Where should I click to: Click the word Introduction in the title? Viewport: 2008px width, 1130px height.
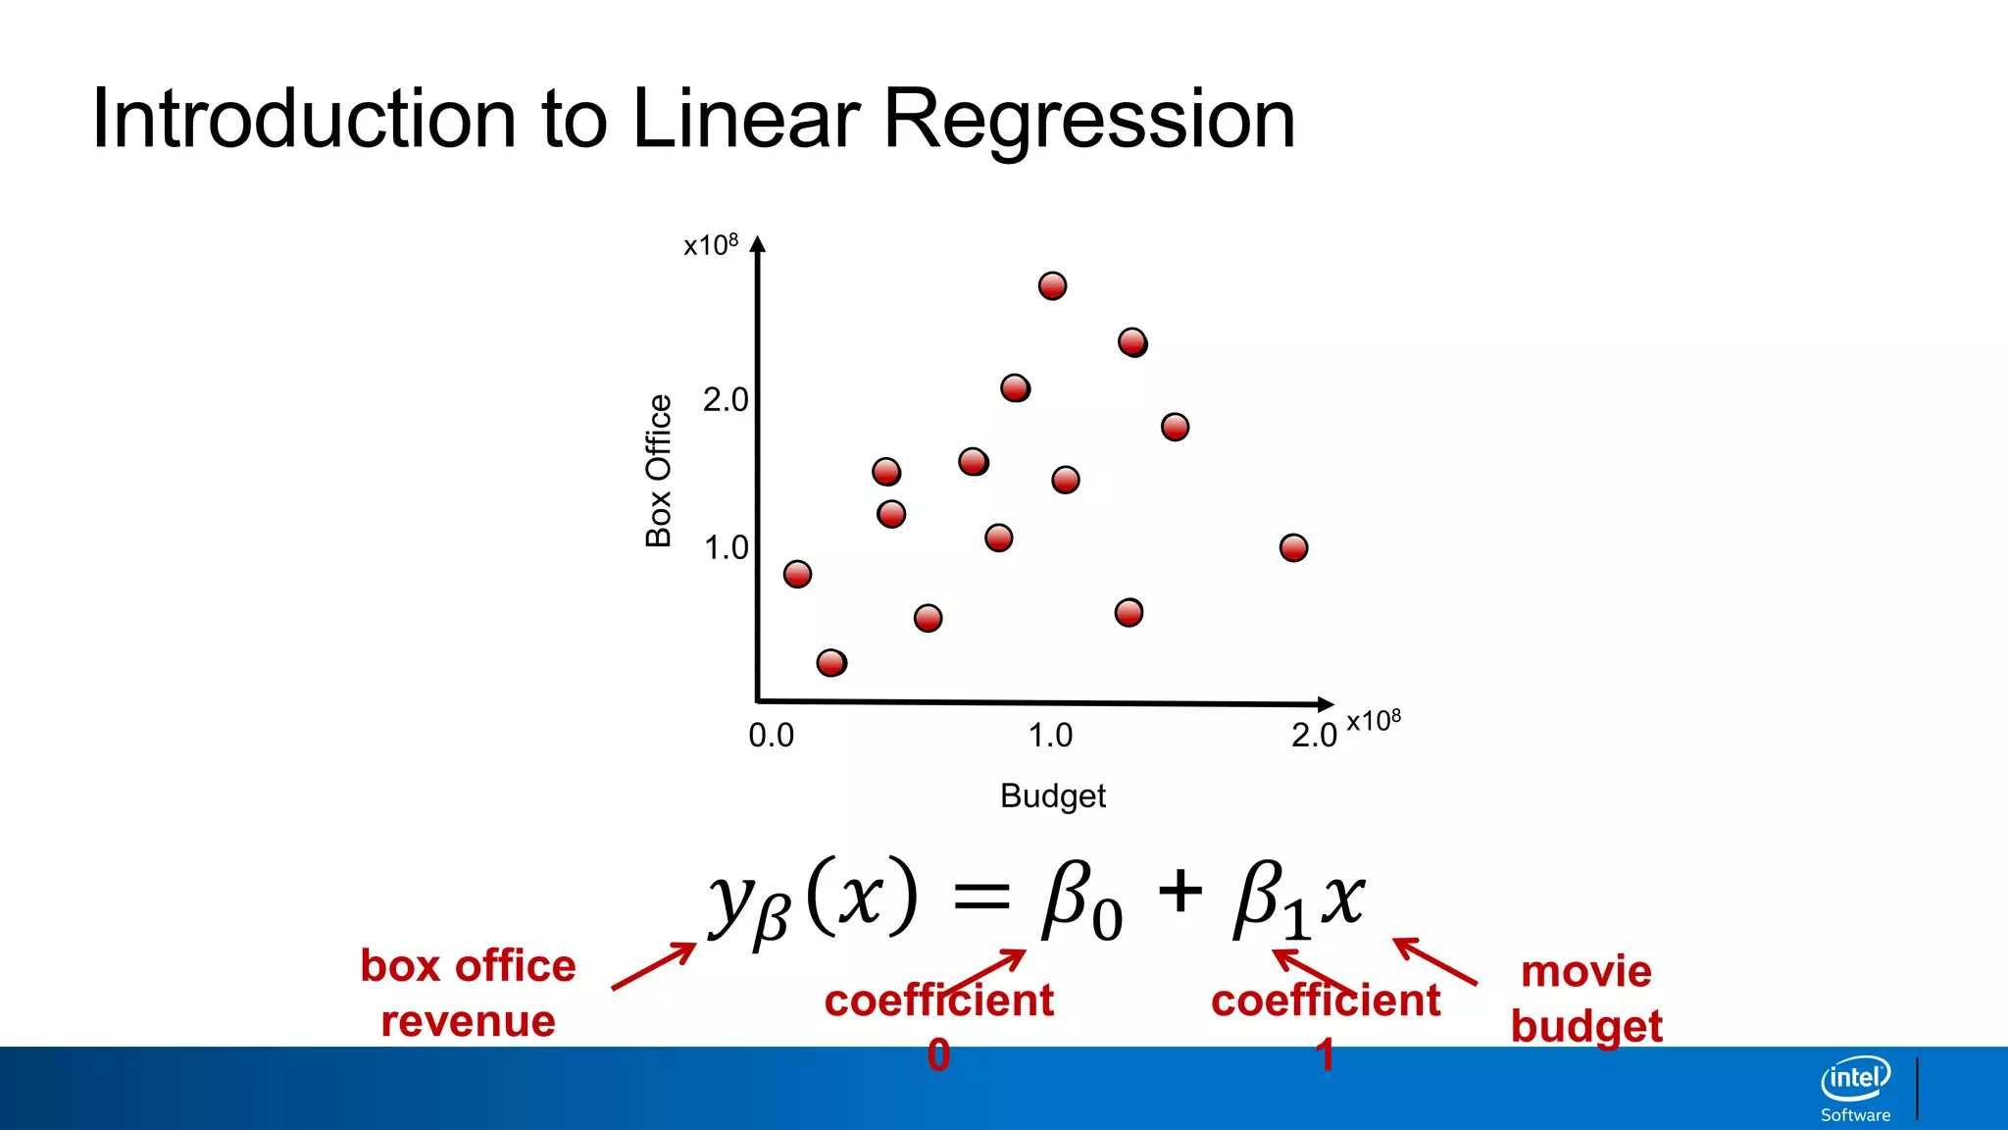coord(304,120)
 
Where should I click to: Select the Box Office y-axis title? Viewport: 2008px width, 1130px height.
coord(659,471)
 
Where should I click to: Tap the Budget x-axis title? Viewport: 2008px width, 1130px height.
coord(1052,796)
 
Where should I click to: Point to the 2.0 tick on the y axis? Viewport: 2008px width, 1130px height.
coord(726,400)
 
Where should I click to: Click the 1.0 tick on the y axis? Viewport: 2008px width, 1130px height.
coord(726,547)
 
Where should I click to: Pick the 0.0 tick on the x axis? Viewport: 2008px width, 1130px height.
coord(771,735)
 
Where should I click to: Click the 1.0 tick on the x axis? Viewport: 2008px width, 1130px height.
coord(1050,735)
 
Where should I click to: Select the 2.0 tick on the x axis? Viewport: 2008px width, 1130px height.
coord(1314,735)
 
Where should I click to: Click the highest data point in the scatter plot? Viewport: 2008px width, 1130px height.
coord(1052,285)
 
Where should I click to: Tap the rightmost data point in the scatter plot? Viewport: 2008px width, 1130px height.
coord(1293,547)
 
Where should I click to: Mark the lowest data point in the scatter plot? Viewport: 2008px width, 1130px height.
coord(831,663)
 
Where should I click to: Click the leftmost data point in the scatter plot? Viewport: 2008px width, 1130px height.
coord(797,574)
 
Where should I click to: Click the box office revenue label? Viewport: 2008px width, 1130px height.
coord(468,993)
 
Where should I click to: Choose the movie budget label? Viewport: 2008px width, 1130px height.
coord(1586,999)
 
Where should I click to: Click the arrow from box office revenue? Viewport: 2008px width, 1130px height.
coord(653,966)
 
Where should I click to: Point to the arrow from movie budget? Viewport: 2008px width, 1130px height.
coord(1435,961)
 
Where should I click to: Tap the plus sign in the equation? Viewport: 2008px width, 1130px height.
coord(1180,893)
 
